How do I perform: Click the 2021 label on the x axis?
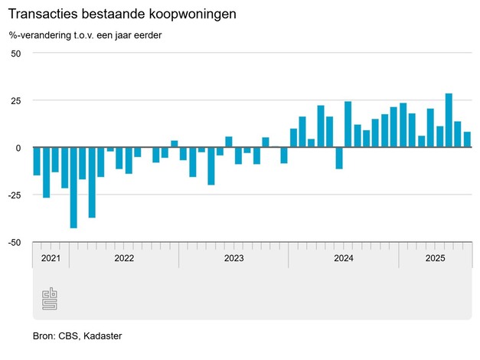coord(51,258)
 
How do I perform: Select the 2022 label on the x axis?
coord(124,258)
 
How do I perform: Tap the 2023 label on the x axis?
coord(233,258)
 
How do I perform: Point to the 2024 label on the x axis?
coord(344,258)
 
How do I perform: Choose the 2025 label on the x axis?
coord(435,258)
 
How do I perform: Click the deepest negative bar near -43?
coord(73,188)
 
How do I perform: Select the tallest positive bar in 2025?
coord(449,120)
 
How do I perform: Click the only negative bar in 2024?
coord(339,158)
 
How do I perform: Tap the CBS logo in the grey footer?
coord(50,299)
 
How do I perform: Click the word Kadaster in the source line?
coord(103,336)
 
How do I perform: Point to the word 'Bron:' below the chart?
coord(45,336)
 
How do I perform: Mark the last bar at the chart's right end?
coord(467,139)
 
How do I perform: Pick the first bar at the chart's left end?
coord(37,161)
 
